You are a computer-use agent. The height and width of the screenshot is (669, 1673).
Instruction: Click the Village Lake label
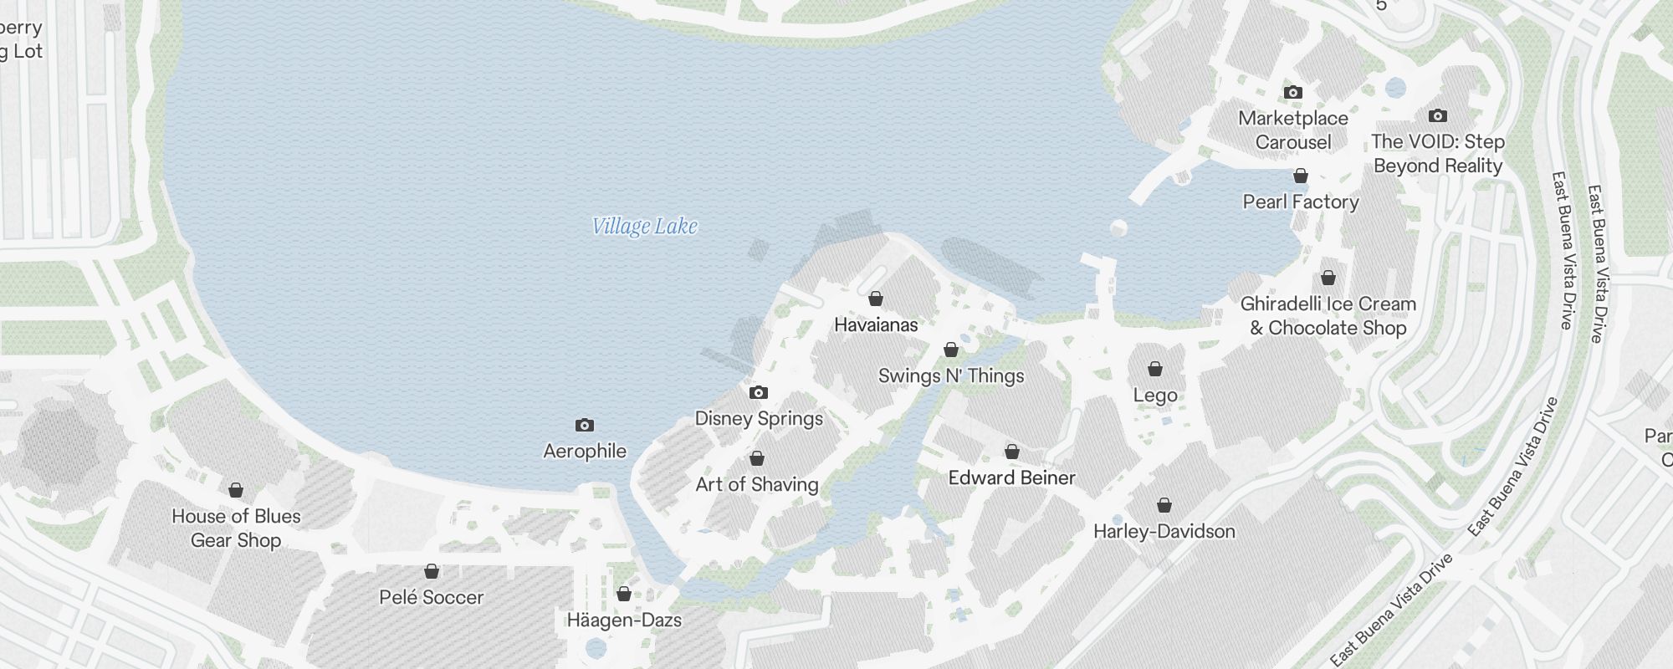coord(644,227)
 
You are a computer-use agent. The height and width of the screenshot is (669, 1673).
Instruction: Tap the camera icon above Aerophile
coord(585,426)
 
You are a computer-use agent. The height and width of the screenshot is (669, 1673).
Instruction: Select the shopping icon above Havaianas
coord(876,299)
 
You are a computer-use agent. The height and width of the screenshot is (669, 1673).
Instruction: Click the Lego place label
coord(1155,396)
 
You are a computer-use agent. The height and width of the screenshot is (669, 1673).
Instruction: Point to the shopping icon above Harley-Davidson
coord(1164,505)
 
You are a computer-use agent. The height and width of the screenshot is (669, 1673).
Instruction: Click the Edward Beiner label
coord(1011,477)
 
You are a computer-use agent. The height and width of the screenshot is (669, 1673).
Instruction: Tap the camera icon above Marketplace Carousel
coord(1293,92)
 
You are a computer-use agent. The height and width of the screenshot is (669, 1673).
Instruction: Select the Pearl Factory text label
coord(1301,202)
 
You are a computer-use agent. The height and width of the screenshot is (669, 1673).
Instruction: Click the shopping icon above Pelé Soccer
coord(432,571)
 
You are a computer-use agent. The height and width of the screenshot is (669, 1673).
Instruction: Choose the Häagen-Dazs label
coord(624,620)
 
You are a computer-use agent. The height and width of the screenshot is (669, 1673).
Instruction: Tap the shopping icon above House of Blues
coord(236,490)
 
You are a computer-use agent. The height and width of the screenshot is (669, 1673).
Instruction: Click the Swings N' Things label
coord(951,376)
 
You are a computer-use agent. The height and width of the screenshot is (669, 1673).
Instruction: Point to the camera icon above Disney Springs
coord(759,392)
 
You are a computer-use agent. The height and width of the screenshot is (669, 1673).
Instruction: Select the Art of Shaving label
coord(757,484)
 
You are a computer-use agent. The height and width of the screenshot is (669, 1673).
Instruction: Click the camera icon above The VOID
coord(1438,115)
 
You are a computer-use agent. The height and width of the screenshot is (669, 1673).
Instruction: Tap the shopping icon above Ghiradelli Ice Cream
coord(1328,278)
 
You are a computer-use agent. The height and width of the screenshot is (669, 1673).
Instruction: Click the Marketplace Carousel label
coord(1293,130)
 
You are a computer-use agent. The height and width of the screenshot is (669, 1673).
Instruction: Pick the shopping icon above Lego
coord(1155,369)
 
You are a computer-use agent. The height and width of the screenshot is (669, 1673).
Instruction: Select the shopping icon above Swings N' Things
coord(951,350)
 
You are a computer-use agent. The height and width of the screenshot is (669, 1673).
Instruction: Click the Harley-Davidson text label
coord(1164,532)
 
